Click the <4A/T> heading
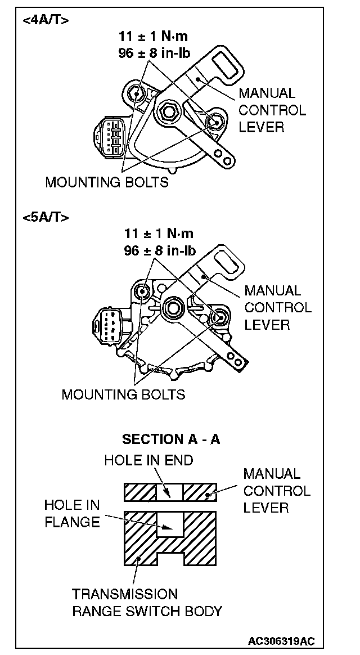46,21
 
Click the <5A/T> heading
46,217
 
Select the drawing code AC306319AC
281,641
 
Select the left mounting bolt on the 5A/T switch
141,291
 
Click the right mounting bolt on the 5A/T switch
219,318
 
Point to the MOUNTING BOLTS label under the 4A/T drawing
107,182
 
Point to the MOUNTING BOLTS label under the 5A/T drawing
123,393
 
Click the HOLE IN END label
148,460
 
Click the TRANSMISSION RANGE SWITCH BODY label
147,602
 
